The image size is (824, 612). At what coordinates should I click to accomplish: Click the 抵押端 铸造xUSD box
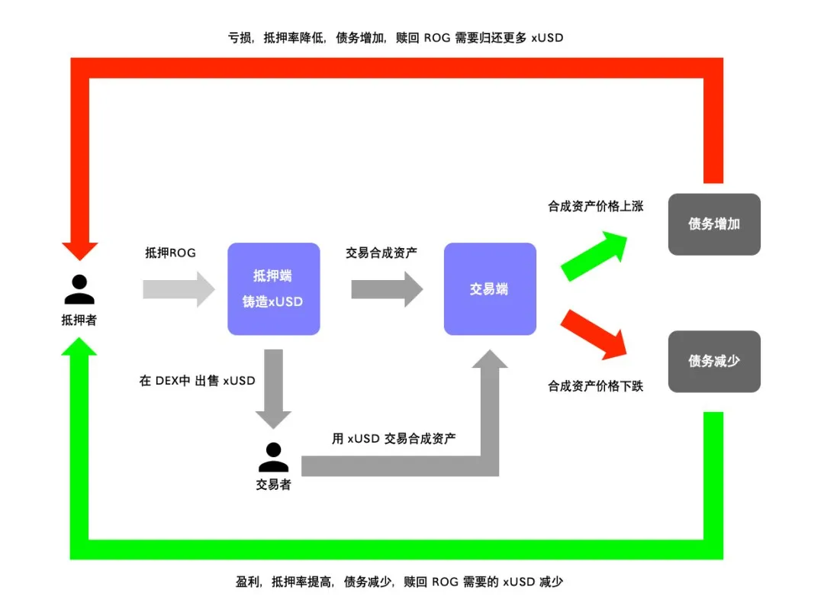point(274,288)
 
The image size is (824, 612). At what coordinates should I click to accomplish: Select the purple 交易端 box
point(489,288)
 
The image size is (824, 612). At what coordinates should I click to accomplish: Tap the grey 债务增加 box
point(714,224)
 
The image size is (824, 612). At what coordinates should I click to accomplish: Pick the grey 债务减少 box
point(714,361)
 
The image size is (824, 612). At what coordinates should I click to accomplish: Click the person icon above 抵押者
point(79,289)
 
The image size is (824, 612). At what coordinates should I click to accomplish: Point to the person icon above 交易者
point(273,456)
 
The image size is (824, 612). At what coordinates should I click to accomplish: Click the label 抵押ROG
point(170,253)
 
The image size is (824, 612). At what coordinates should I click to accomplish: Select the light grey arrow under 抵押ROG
point(179,289)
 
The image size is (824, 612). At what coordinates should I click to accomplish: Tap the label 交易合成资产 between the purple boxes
point(381,253)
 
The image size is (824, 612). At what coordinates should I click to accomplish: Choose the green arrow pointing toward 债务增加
point(594,256)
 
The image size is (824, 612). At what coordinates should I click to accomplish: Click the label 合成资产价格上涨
point(595,206)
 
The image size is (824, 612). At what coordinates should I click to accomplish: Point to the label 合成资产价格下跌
point(595,386)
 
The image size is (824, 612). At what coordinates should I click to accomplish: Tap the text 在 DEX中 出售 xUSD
point(197,381)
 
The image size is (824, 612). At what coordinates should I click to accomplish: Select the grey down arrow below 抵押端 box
point(273,389)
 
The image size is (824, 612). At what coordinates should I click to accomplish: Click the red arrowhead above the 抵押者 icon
point(80,250)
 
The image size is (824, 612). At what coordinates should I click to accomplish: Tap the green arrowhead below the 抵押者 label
point(80,347)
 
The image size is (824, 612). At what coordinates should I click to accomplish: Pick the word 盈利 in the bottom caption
point(248,582)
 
